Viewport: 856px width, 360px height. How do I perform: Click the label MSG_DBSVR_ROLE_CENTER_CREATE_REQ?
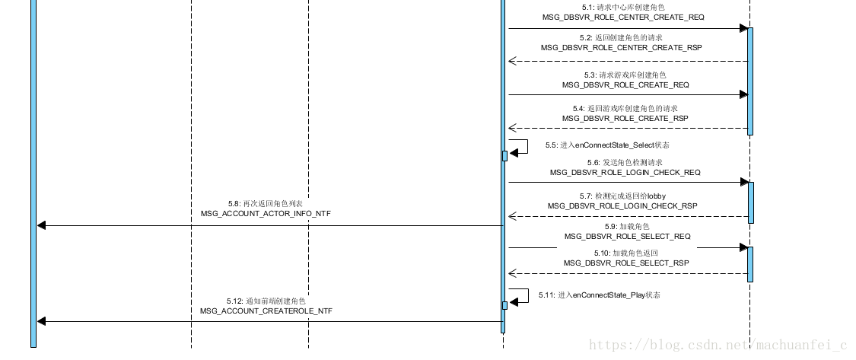click(x=623, y=17)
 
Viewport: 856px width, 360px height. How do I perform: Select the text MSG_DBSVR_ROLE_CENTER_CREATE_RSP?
click(x=622, y=47)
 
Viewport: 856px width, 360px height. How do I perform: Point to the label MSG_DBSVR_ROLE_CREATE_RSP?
click(x=625, y=119)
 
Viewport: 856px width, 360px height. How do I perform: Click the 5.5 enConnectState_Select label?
click(x=606, y=145)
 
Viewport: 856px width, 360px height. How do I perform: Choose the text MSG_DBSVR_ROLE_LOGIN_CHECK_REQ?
click(x=625, y=173)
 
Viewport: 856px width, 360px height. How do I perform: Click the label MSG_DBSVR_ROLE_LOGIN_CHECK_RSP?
click(x=622, y=206)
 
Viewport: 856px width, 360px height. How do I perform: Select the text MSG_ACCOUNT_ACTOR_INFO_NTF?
click(x=266, y=215)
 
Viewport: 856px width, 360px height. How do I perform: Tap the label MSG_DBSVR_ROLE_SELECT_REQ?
click(x=628, y=237)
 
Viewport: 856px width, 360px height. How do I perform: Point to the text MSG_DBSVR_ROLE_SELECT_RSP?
click(x=626, y=263)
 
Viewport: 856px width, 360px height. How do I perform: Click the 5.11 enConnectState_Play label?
click(x=599, y=295)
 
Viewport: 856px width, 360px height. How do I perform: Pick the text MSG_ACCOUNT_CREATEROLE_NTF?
click(x=266, y=311)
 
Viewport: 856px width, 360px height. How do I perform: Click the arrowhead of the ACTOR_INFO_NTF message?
click(x=42, y=225)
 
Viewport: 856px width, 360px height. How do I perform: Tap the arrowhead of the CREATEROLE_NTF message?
click(x=42, y=321)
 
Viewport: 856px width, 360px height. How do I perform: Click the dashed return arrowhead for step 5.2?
click(x=512, y=62)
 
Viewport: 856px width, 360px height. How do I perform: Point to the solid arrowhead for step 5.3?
click(x=743, y=95)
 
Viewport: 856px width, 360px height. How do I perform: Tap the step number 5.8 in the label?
click(x=234, y=204)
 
